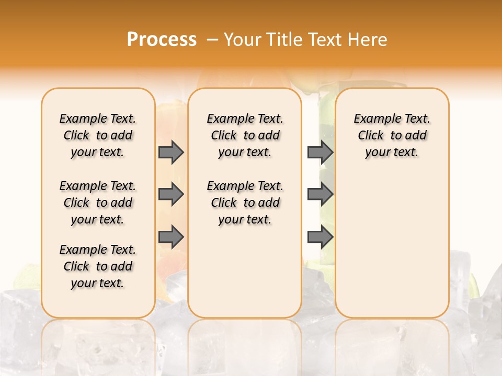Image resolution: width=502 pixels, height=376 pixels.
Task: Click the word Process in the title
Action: [x=162, y=40]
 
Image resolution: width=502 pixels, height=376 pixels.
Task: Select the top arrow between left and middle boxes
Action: [x=171, y=152]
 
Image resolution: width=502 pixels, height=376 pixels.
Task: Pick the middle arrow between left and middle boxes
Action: [x=171, y=194]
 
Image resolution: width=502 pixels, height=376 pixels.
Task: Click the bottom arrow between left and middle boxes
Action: [x=171, y=237]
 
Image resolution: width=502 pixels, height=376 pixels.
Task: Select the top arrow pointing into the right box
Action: [x=320, y=152]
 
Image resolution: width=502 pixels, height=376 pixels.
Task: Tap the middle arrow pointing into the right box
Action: [x=320, y=194]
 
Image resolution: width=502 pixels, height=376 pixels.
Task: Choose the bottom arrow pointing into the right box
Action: [x=320, y=237]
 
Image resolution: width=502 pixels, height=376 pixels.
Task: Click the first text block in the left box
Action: [x=98, y=135]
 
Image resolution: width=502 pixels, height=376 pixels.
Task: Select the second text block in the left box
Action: [x=98, y=203]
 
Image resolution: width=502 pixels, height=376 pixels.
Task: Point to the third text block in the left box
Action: [x=98, y=266]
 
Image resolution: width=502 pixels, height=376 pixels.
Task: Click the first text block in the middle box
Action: [x=245, y=135]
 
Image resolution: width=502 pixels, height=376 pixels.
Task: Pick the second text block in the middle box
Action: [x=245, y=203]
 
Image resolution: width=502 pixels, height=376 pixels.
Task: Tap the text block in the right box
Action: [x=392, y=135]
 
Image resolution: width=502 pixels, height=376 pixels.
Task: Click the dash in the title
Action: [x=212, y=40]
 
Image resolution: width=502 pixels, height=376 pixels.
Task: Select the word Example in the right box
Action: [x=375, y=119]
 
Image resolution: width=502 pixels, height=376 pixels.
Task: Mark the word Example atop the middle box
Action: [x=228, y=119]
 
